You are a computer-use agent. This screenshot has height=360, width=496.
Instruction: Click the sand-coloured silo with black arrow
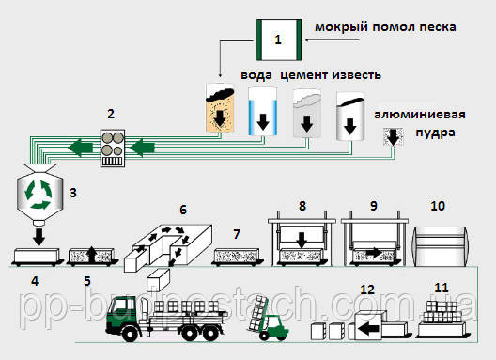pos(222,110)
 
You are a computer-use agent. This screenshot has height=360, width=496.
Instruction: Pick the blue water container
pos(263,112)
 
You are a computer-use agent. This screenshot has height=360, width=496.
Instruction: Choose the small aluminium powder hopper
pos(391,138)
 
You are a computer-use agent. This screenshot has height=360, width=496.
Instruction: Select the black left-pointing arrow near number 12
pos(368,330)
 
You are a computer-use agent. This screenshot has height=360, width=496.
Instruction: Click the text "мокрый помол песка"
pos(388,27)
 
